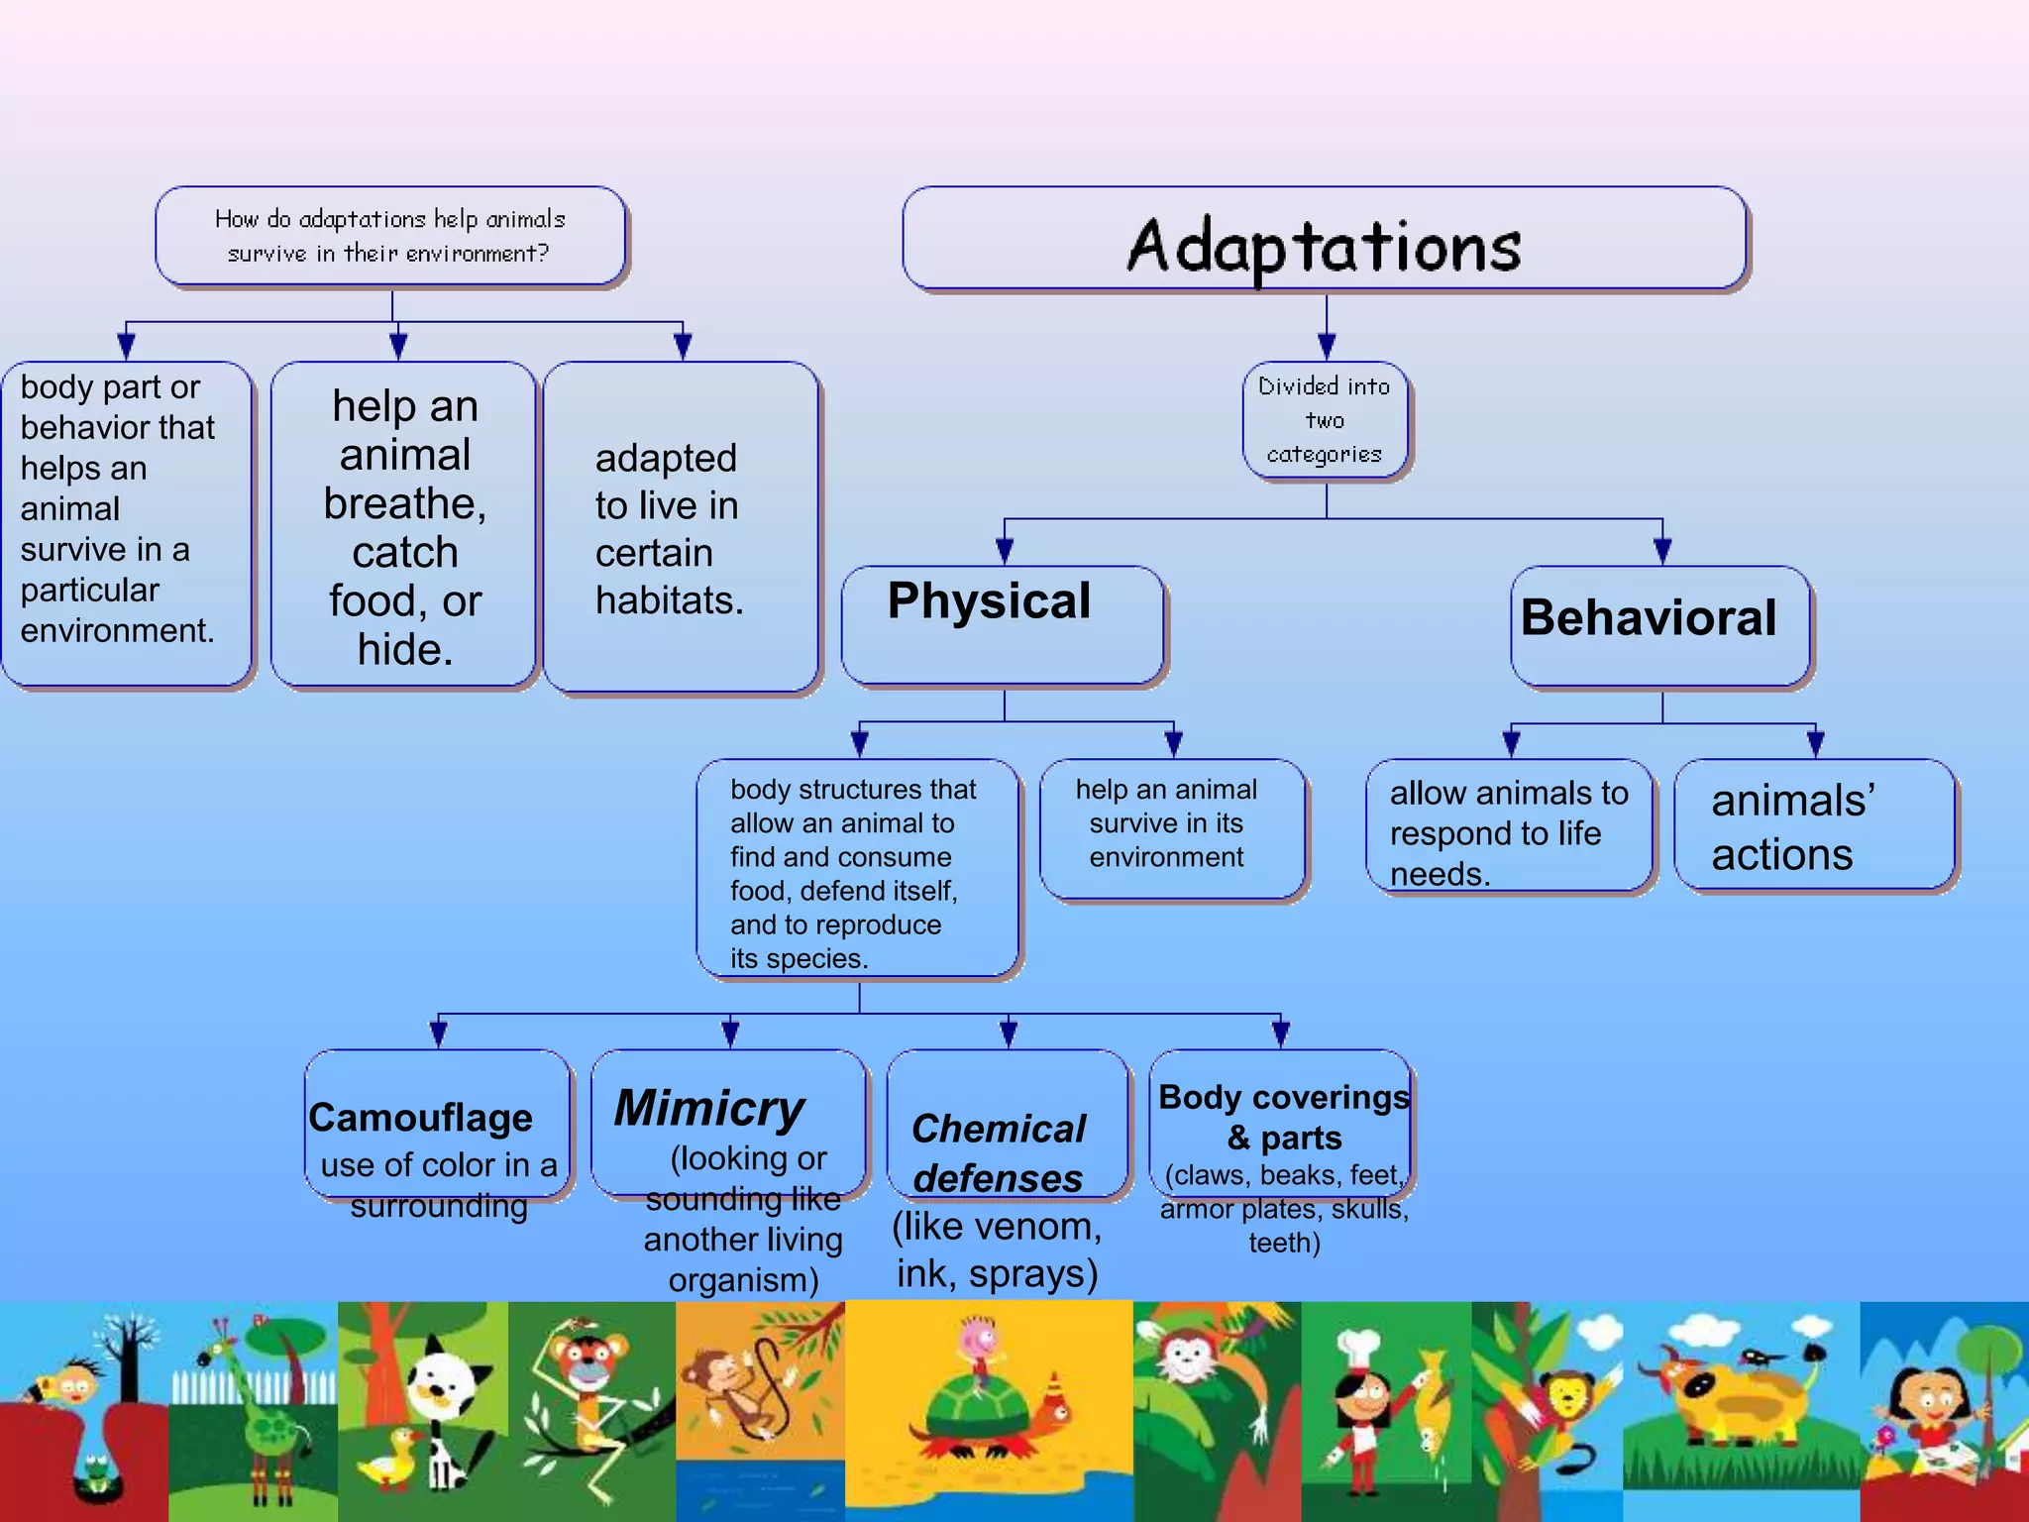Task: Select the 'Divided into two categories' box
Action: (x=1325, y=420)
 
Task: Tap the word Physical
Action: (x=989, y=601)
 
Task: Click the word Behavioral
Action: (x=1649, y=618)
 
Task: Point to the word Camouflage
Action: (x=421, y=1118)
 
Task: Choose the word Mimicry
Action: (x=709, y=1108)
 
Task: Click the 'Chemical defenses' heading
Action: (x=999, y=1153)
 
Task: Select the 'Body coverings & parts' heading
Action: (x=1284, y=1118)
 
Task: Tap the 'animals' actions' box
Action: (x=1814, y=826)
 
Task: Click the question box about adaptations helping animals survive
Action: (x=390, y=237)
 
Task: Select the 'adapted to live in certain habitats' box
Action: (x=681, y=528)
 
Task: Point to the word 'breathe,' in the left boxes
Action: (x=405, y=503)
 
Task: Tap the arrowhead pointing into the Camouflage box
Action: (x=438, y=1034)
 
